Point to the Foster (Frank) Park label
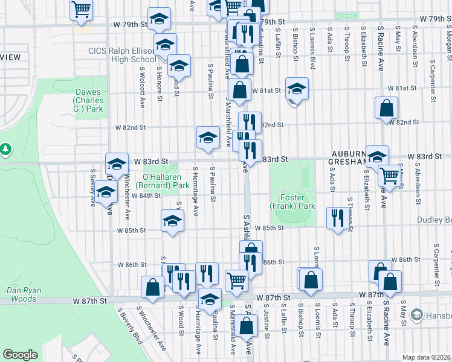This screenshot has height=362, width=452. coord(298,202)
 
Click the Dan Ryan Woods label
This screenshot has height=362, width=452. coord(22,294)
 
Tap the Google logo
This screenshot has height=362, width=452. coord(21,355)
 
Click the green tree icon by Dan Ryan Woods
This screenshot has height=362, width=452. coord(5,148)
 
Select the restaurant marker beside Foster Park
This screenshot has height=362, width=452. coord(337,217)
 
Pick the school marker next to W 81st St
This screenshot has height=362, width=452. coord(297,88)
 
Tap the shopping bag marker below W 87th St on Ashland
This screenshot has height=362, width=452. coord(247,326)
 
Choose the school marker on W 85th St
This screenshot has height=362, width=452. coord(172,220)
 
